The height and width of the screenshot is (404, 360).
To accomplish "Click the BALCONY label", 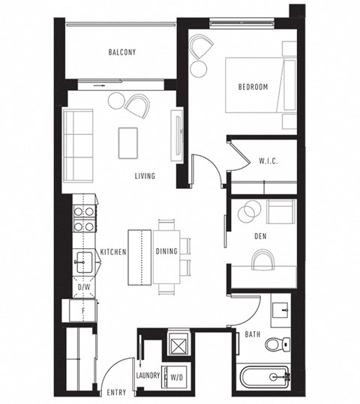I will pyautogui.click(x=121, y=52).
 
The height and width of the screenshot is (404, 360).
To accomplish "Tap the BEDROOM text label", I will pyautogui.click(x=253, y=87).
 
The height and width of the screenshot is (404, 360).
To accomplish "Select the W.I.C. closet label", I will pyautogui.click(x=268, y=160).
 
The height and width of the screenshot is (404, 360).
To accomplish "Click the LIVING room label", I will pyautogui.click(x=145, y=177).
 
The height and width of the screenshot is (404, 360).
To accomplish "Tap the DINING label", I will pyautogui.click(x=166, y=251).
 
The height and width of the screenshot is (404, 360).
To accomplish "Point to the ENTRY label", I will pyautogui.click(x=117, y=392).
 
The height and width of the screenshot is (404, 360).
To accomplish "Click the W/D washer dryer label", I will pyautogui.click(x=178, y=376).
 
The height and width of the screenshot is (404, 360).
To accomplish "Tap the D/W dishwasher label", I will pyautogui.click(x=84, y=287).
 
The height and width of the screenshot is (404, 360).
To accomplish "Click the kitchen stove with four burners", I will pyautogui.click(x=83, y=218).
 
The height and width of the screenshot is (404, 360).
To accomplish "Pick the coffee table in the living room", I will pyautogui.click(x=129, y=142).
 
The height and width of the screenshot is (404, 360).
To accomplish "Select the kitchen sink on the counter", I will pyautogui.click(x=83, y=262).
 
